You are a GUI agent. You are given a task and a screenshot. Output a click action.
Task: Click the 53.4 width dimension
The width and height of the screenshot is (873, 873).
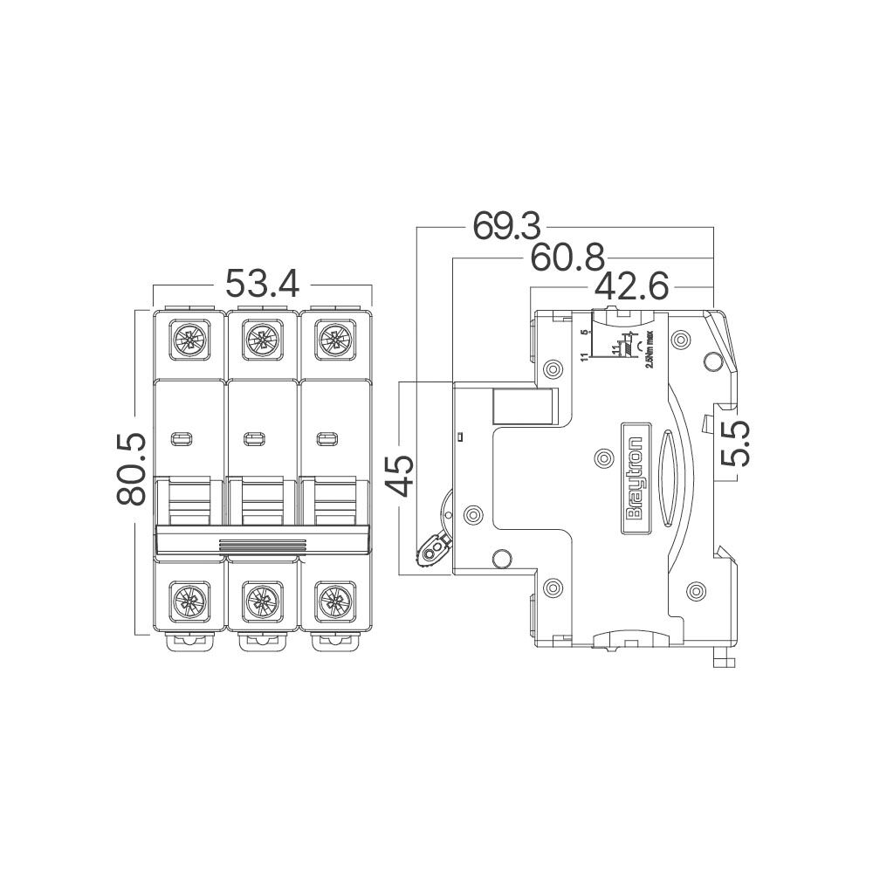pyautogui.click(x=263, y=285)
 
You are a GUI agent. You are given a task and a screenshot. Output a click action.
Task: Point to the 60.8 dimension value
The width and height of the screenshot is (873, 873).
pyautogui.click(x=567, y=258)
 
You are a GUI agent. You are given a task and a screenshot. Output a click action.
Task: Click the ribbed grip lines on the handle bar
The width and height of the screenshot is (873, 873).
pyautogui.click(x=262, y=546)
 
